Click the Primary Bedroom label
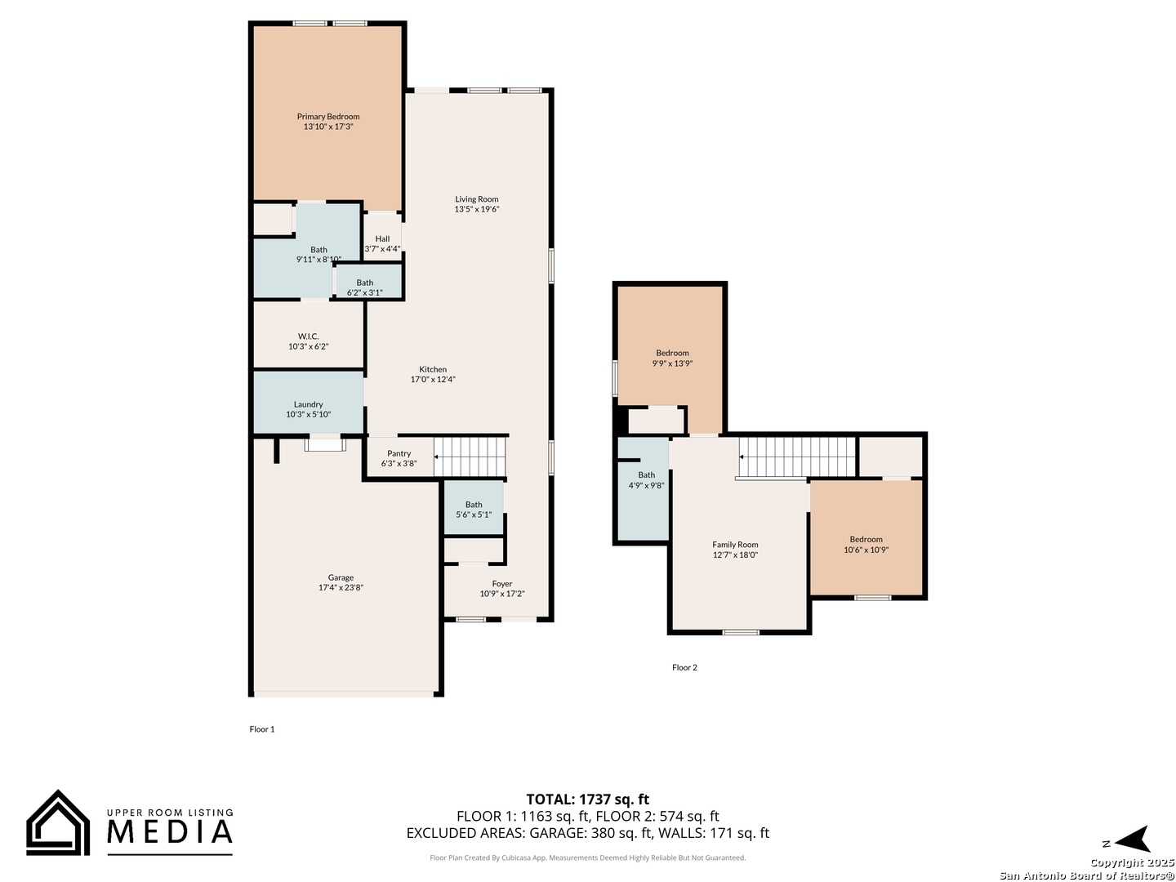point(327,116)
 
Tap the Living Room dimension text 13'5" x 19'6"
point(476,209)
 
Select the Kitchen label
point(432,369)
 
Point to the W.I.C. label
point(308,336)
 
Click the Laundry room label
point(308,404)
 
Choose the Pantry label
point(399,453)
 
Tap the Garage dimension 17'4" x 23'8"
point(341,587)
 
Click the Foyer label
point(502,584)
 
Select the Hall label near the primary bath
point(382,238)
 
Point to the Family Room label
point(734,545)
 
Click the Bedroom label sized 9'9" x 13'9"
point(672,353)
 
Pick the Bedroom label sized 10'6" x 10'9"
point(866,539)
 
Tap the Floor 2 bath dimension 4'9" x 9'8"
point(646,485)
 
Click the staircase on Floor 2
point(797,457)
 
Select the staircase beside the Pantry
point(470,457)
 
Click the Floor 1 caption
point(262,728)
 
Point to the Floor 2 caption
point(684,667)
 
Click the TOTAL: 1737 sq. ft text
point(587,799)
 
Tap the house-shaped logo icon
point(58,823)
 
